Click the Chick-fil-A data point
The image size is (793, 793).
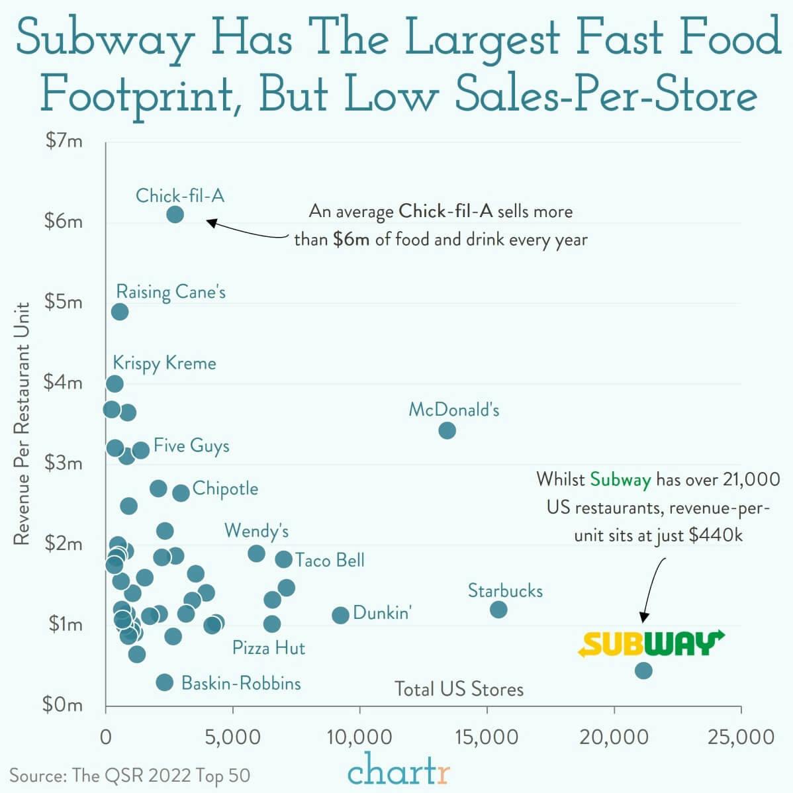(x=175, y=214)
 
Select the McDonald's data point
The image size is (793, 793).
(x=447, y=430)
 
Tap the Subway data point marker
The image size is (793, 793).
(x=643, y=670)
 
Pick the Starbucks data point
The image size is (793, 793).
(x=498, y=609)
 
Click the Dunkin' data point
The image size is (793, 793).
(x=340, y=615)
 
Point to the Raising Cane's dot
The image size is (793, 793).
(x=119, y=311)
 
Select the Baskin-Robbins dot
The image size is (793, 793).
(x=165, y=682)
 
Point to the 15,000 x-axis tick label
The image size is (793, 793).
(x=487, y=737)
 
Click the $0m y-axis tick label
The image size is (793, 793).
(x=63, y=705)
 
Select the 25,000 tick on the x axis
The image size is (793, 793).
(x=741, y=737)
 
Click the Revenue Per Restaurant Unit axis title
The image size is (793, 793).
(x=22, y=424)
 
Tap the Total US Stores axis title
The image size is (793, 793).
(x=459, y=689)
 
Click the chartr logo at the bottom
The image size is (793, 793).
(x=398, y=770)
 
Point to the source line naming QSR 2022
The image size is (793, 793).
(x=130, y=775)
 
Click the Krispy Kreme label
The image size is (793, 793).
(x=164, y=363)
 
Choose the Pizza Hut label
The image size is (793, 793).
(x=268, y=647)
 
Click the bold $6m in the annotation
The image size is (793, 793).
(x=351, y=239)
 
